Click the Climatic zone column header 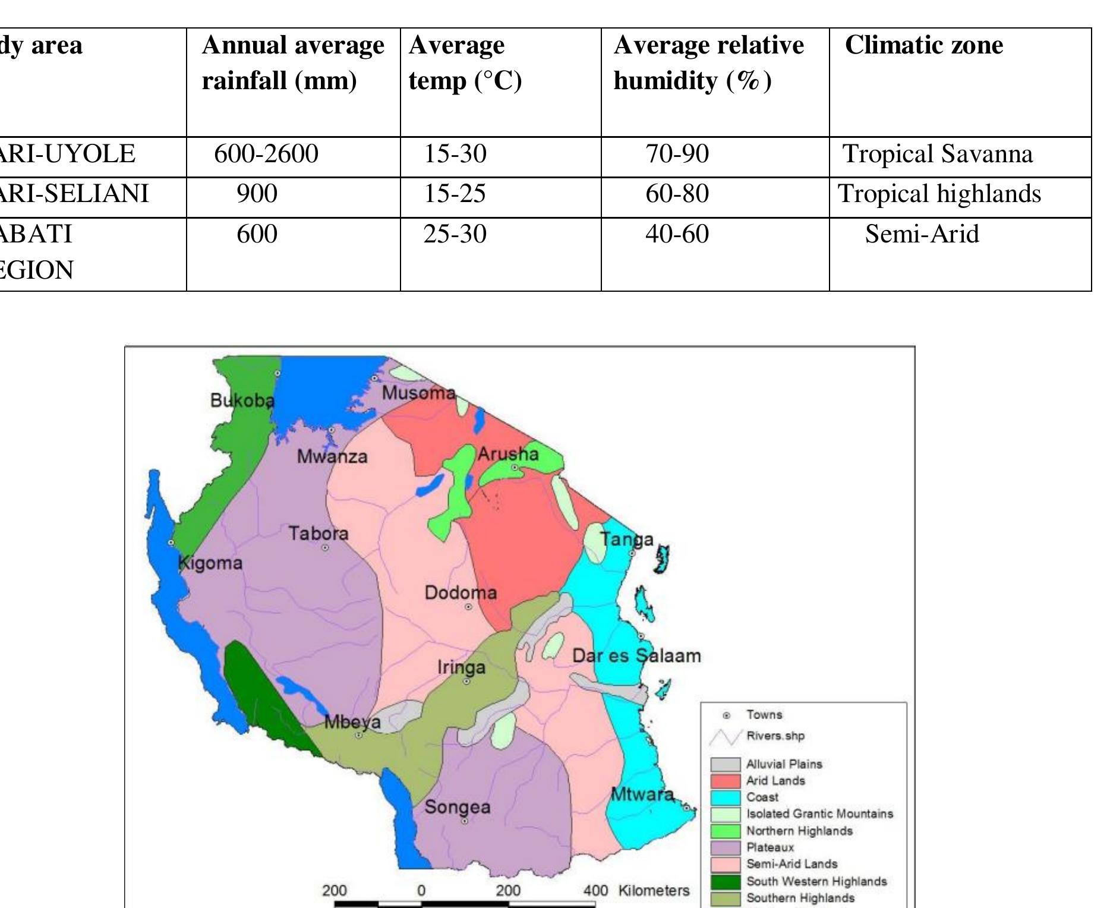click(x=923, y=46)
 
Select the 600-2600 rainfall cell click(x=266, y=155)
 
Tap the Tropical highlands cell click(x=939, y=194)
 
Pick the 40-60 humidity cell click(x=677, y=234)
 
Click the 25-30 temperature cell click(x=455, y=234)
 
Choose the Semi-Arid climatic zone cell click(x=922, y=234)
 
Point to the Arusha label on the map click(x=508, y=455)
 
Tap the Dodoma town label click(x=461, y=593)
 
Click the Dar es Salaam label click(x=636, y=656)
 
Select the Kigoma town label click(x=211, y=563)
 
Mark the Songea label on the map click(x=458, y=808)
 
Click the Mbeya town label click(x=352, y=723)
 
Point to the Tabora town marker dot click(x=325, y=548)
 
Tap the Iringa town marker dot click(x=466, y=682)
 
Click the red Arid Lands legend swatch click(x=726, y=781)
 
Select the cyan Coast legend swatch click(x=726, y=797)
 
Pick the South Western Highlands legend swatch click(x=726, y=881)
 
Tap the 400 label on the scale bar click(x=595, y=891)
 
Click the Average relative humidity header click(x=708, y=62)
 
